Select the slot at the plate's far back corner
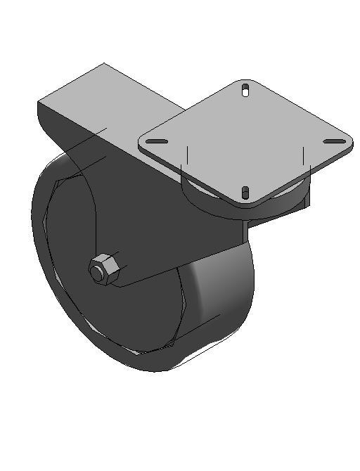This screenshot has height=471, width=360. (245, 90)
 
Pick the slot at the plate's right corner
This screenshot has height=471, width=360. (334, 141)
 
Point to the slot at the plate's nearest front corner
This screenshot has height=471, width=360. (245, 193)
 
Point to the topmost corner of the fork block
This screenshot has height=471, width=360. (104, 63)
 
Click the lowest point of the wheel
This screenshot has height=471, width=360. (158, 371)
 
